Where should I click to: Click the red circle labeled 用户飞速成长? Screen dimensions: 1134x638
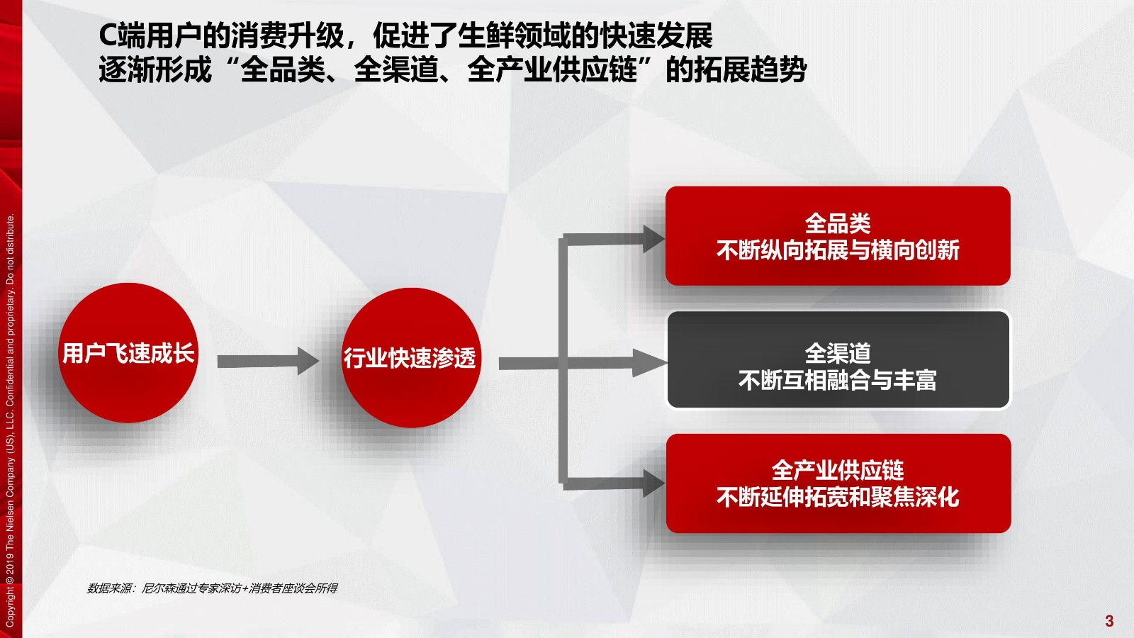(x=128, y=353)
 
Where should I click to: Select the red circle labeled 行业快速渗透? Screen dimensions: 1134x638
(x=410, y=357)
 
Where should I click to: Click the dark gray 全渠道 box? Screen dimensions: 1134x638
(x=838, y=359)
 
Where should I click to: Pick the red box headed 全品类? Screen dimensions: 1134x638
(x=838, y=236)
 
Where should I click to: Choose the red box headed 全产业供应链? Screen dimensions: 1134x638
(x=838, y=483)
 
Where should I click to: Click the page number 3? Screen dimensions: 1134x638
(x=1109, y=621)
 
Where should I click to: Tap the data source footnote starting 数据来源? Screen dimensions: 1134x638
(x=212, y=588)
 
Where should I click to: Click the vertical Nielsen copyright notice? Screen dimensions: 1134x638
(x=10, y=421)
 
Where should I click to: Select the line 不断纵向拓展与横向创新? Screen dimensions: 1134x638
(x=838, y=251)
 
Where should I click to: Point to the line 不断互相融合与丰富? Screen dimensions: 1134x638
(x=838, y=380)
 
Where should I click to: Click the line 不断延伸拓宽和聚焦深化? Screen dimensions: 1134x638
(x=838, y=497)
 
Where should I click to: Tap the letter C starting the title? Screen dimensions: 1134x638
(x=108, y=35)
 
